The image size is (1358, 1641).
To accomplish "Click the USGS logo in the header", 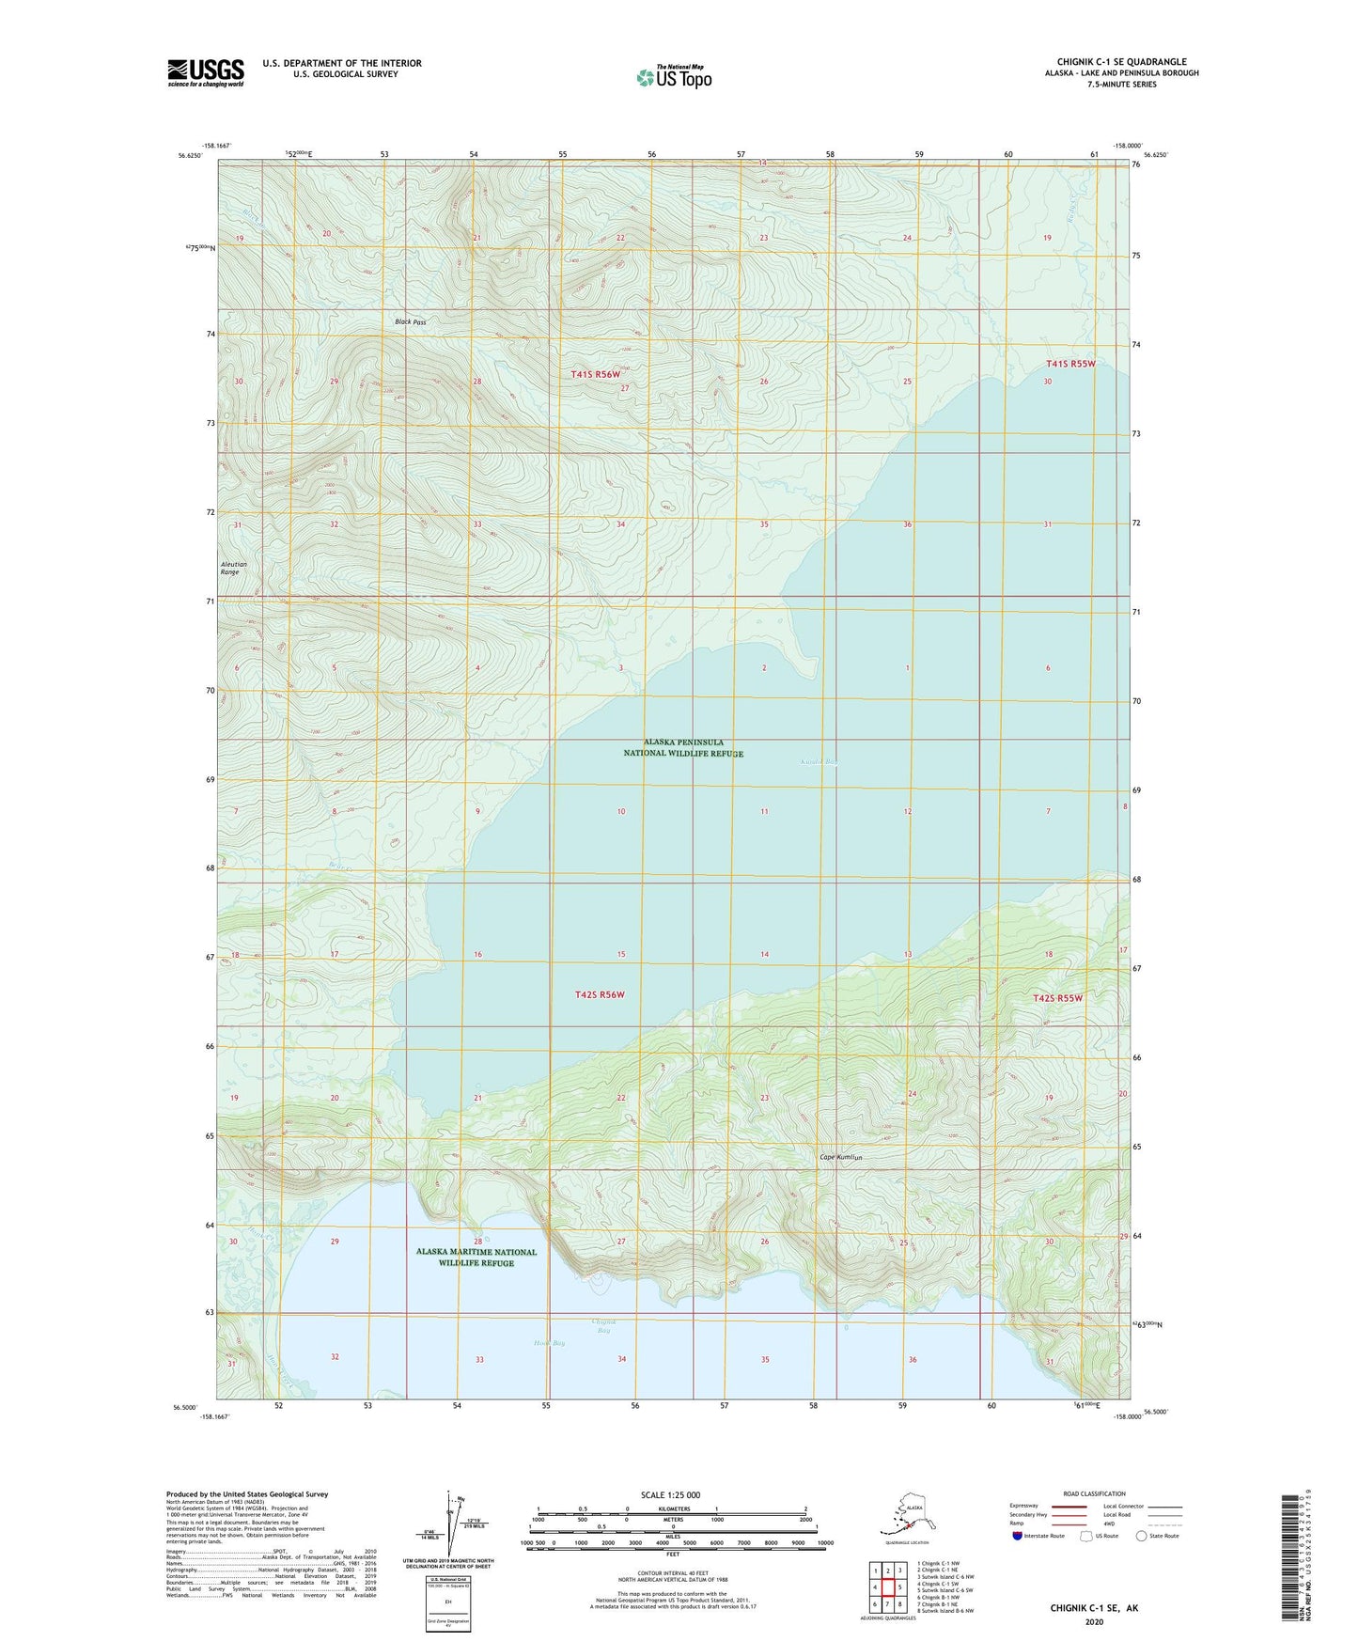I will point(205,72).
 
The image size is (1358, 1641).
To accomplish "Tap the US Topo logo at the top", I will point(673,76).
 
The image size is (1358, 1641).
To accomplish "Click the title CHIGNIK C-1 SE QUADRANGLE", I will point(1121,62).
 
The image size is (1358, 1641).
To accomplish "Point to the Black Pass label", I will point(410,322).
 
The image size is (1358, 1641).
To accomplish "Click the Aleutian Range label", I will point(230,568).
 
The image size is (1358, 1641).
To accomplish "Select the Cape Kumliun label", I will point(840,1157).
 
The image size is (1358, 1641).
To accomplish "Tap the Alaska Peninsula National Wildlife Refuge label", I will point(683,747).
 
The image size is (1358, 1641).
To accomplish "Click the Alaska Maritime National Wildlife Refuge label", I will point(476,1257).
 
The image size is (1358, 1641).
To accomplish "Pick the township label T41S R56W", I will point(596,374).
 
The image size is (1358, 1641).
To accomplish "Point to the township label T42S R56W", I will point(600,994).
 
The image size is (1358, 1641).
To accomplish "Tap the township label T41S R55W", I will point(1071,364).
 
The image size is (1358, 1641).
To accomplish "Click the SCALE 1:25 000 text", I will point(670,1494).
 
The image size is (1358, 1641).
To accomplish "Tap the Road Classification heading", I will point(1094,1493).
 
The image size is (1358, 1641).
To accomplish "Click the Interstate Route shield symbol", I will point(1019,1536).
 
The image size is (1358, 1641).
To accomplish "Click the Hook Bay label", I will point(549,1343).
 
